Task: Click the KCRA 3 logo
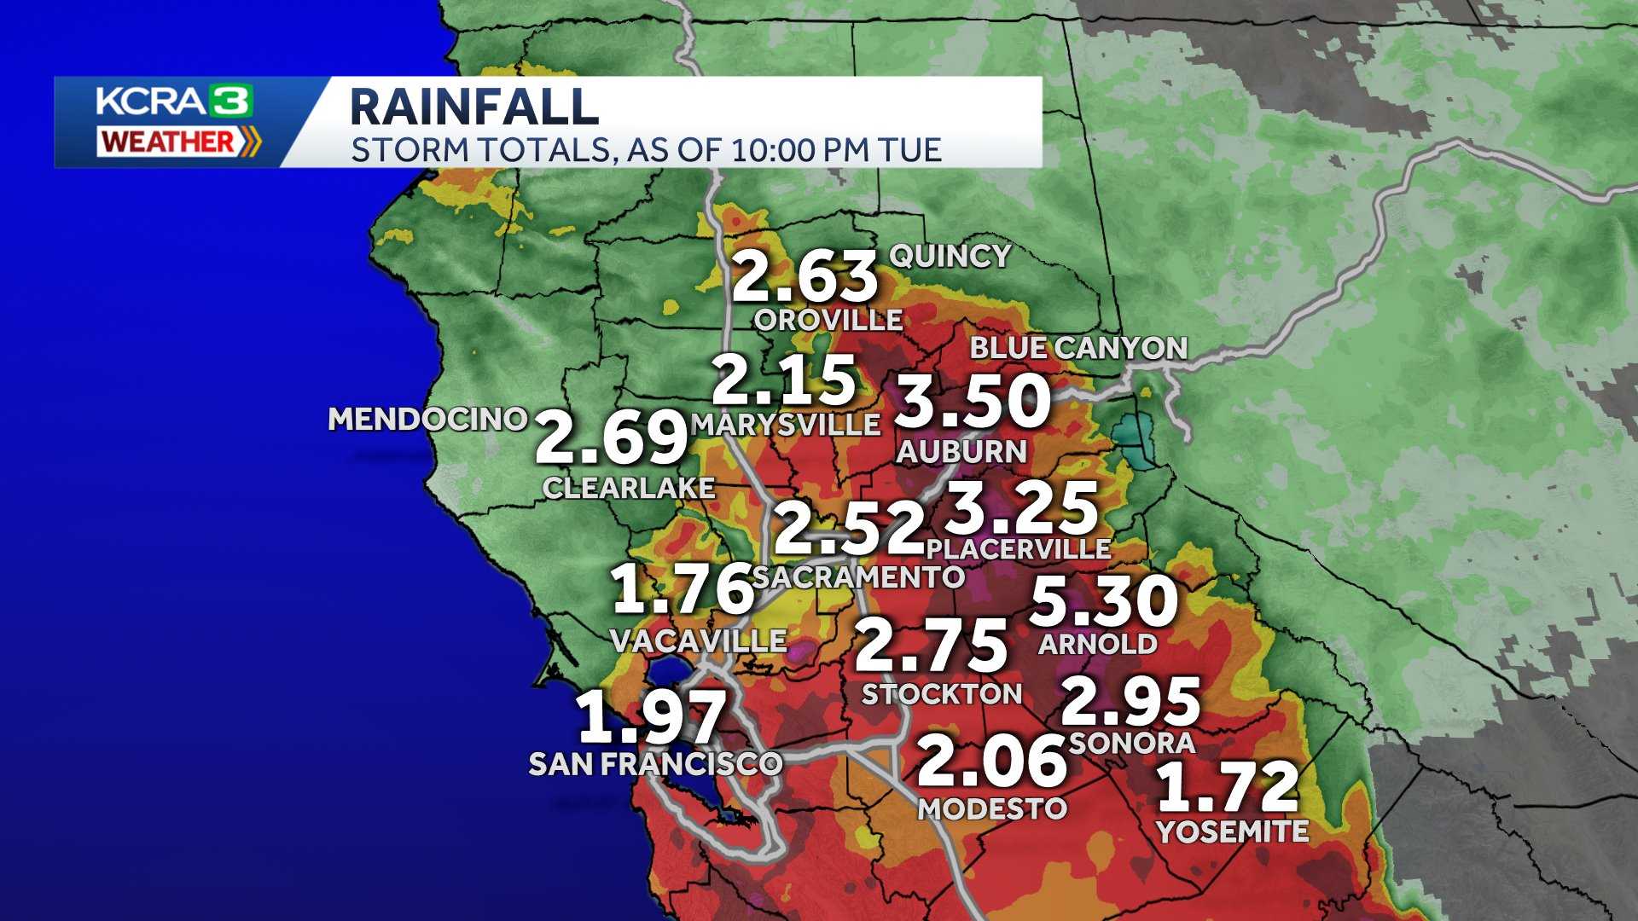click(174, 101)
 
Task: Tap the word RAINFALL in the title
click(473, 107)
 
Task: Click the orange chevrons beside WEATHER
click(249, 142)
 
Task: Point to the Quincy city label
click(950, 256)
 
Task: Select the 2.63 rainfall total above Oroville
click(804, 277)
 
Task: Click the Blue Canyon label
click(1078, 348)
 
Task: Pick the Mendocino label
click(427, 419)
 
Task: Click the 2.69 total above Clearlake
click(611, 438)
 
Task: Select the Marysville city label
click(786, 425)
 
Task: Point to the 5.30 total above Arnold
click(1104, 600)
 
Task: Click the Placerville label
click(1019, 548)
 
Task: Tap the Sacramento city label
click(858, 577)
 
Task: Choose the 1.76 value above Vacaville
click(683, 589)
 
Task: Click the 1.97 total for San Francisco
click(653, 717)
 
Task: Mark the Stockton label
click(942, 694)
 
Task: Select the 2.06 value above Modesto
click(992, 762)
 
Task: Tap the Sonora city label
click(1132, 743)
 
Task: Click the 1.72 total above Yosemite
click(1228, 789)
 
